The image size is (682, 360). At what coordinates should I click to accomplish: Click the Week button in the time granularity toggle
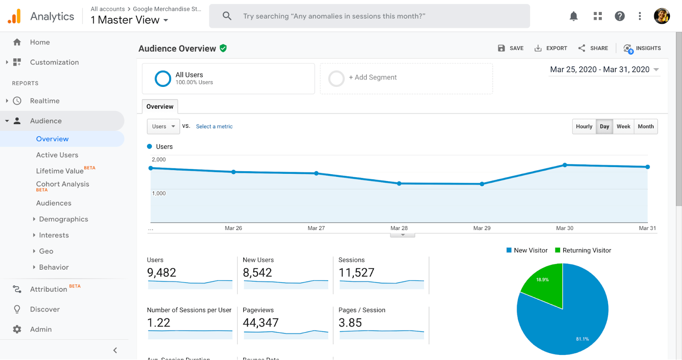click(x=623, y=127)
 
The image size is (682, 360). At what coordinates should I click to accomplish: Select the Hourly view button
click(x=584, y=127)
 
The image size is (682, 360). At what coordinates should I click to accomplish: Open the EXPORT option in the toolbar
click(x=551, y=48)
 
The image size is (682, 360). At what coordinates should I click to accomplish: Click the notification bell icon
click(x=574, y=16)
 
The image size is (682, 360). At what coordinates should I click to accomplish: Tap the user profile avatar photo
click(x=662, y=16)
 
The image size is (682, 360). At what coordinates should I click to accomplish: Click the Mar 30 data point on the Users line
click(x=565, y=165)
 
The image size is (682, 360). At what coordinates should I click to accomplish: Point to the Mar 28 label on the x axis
click(x=399, y=228)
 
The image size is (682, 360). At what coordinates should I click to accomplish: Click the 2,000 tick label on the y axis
click(x=159, y=160)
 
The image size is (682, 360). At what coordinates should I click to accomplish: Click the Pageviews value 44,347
click(x=260, y=323)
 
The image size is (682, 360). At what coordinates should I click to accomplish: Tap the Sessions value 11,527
click(x=356, y=273)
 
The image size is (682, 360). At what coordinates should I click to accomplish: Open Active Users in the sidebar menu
click(x=57, y=155)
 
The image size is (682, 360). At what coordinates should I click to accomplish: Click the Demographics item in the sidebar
click(x=64, y=219)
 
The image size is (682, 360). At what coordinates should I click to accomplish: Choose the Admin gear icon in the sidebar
click(x=17, y=329)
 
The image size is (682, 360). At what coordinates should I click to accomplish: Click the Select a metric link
click(x=214, y=127)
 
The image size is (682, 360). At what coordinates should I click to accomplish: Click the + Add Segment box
click(x=406, y=78)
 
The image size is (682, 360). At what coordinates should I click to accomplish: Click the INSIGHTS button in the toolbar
click(x=642, y=48)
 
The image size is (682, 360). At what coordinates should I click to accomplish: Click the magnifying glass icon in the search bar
click(x=227, y=16)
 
